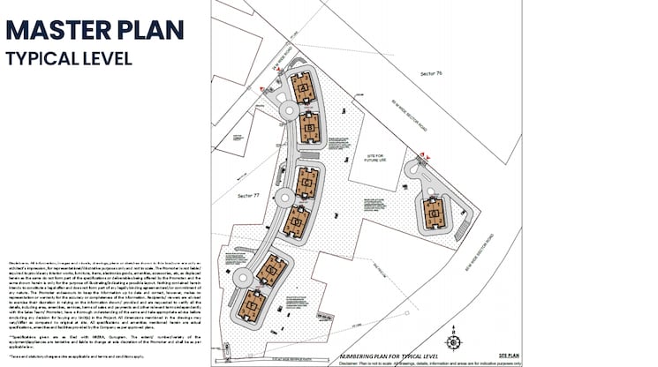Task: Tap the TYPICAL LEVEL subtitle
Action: click(69, 59)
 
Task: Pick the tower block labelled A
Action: click(301, 88)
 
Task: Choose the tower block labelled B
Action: click(308, 130)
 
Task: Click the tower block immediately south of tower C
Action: click(295, 220)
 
